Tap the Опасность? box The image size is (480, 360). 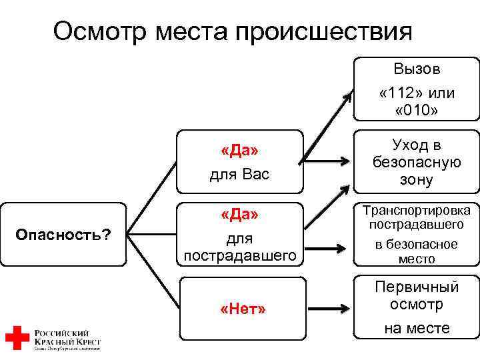(x=63, y=234)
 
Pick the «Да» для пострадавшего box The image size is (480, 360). (x=239, y=234)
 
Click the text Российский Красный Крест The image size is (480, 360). (x=67, y=337)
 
